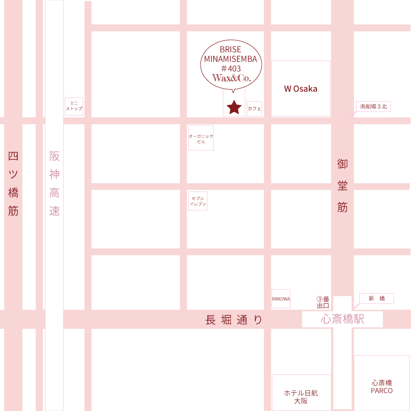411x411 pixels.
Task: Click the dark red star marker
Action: (234, 107)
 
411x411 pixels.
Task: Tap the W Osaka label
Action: (300, 89)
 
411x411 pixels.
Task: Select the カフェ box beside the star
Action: (254, 109)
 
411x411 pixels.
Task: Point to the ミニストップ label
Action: (74, 106)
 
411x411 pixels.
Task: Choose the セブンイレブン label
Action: (198, 201)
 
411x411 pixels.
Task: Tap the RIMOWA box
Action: (281, 299)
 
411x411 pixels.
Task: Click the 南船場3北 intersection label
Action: (374, 106)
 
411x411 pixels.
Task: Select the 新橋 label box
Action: (376, 299)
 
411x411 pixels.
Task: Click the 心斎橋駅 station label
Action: (342, 319)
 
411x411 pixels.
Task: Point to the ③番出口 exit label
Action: (323, 302)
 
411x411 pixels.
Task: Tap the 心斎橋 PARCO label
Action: (381, 387)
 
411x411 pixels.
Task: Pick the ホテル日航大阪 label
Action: (301, 396)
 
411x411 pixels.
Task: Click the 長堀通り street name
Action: (234, 320)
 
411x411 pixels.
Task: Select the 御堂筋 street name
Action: (342, 185)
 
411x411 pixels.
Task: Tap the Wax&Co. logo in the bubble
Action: (232, 78)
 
